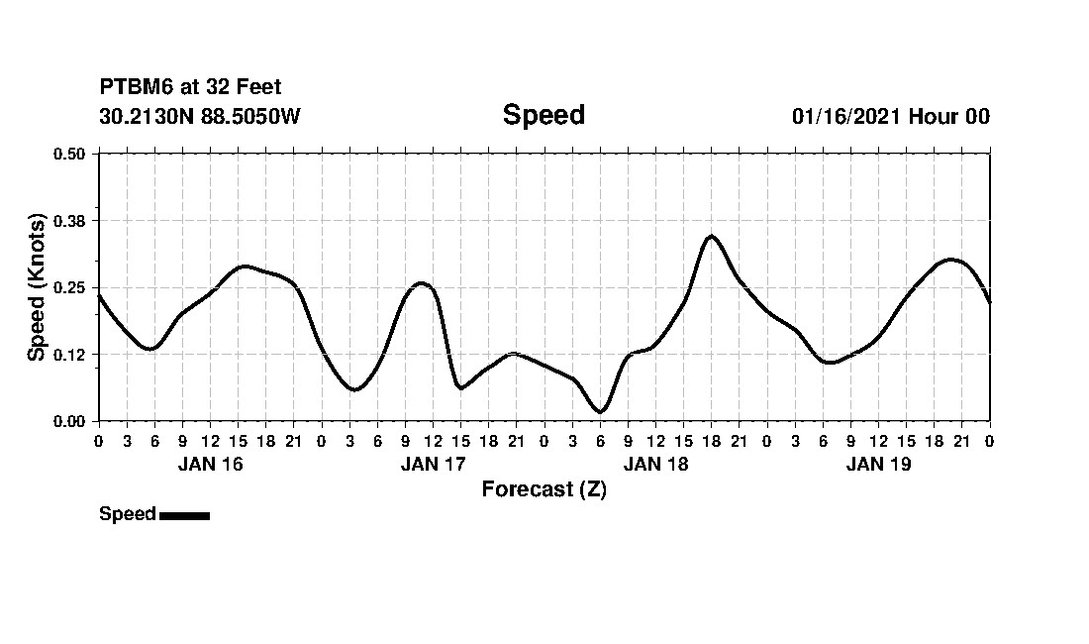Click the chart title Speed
pyautogui.click(x=544, y=115)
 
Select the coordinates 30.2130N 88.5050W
pyautogui.click(x=200, y=117)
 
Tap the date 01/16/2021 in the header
pyautogui.click(x=845, y=117)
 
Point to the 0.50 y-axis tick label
pyautogui.click(x=69, y=154)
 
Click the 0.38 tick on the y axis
pyautogui.click(x=69, y=220)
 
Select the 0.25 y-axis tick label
pyautogui.click(x=69, y=287)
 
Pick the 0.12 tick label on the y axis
pyautogui.click(x=69, y=355)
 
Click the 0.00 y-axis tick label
pyautogui.click(x=69, y=421)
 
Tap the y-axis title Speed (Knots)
pyautogui.click(x=37, y=286)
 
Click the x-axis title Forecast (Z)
pyautogui.click(x=544, y=489)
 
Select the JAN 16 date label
pyautogui.click(x=210, y=464)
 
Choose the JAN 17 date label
pyautogui.click(x=433, y=464)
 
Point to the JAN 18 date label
pyautogui.click(x=655, y=464)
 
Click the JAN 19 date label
pyautogui.click(x=878, y=464)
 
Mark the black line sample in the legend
pyautogui.click(x=184, y=515)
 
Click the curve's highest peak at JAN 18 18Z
pyautogui.click(x=711, y=236)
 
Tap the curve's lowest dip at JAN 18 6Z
pyautogui.click(x=600, y=411)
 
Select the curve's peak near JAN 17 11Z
pyautogui.click(x=422, y=283)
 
